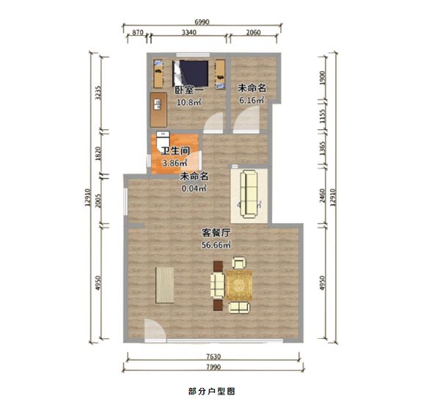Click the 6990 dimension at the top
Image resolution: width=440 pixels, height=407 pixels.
[202, 22]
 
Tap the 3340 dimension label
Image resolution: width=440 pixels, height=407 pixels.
[189, 32]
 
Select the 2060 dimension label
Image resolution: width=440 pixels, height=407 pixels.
[253, 32]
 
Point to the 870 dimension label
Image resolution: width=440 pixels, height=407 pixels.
[138, 32]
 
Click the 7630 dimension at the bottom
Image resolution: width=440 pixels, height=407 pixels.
[213, 356]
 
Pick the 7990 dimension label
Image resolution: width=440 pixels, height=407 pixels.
[213, 367]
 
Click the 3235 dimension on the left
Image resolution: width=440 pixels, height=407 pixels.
[98, 93]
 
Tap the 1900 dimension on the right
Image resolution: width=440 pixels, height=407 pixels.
[322, 78]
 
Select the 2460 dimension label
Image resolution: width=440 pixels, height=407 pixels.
[322, 196]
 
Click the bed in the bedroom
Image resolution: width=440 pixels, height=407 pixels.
[191, 73]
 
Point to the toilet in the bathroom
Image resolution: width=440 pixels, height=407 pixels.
[163, 141]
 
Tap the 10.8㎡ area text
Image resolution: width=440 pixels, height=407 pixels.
[189, 102]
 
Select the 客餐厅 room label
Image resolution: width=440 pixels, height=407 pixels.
[216, 232]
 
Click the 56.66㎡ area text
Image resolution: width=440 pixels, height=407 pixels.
[216, 245]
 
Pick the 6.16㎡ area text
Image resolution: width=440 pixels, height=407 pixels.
[252, 100]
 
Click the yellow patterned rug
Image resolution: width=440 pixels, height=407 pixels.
[239, 285]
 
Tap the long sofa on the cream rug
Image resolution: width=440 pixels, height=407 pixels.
[249, 194]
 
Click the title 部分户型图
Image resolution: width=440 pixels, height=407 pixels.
[212, 392]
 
